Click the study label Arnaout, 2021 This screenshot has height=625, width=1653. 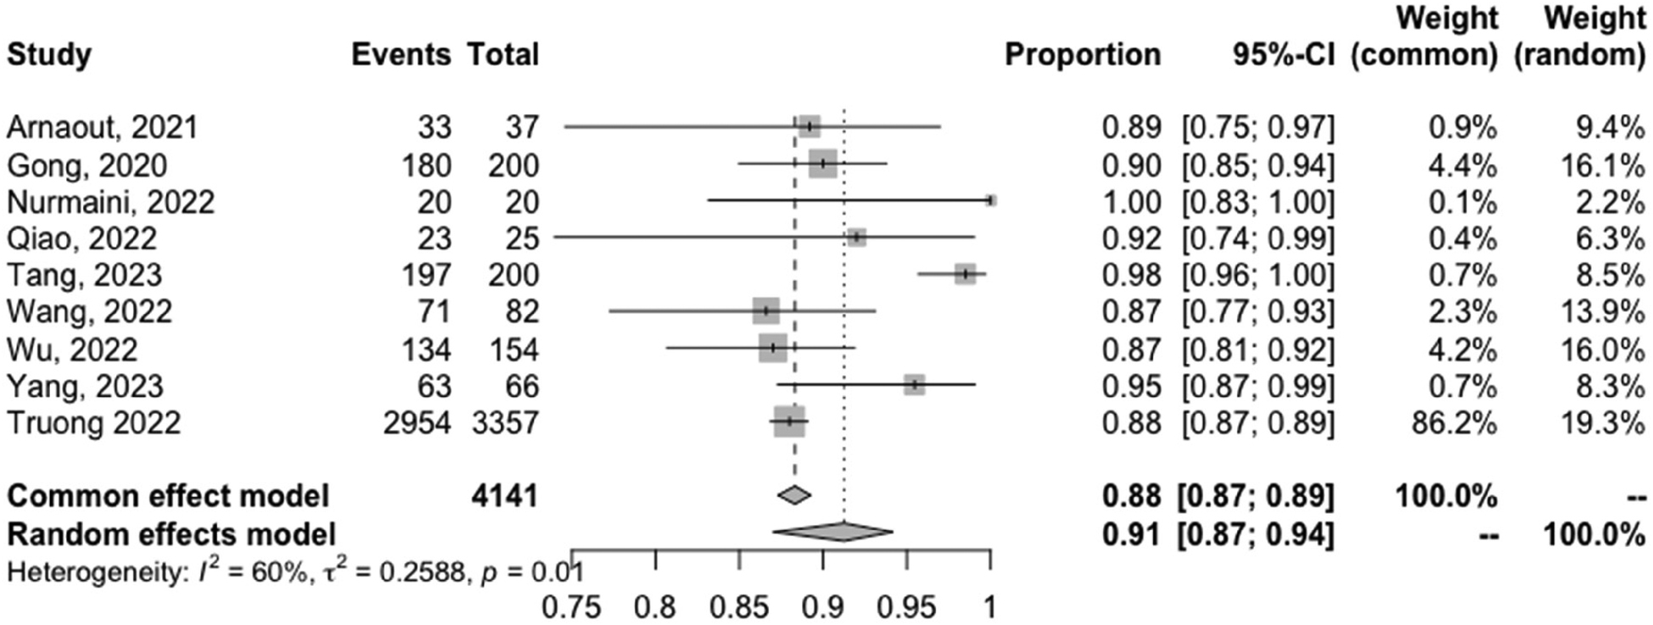(x=102, y=128)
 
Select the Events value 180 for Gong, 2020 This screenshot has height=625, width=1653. (x=426, y=165)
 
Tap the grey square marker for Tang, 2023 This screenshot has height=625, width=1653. (x=965, y=274)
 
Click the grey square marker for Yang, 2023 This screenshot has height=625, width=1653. (x=914, y=385)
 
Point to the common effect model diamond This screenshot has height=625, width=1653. (x=794, y=495)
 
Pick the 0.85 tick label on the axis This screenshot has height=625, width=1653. (x=739, y=607)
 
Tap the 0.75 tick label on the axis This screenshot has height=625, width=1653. (x=571, y=607)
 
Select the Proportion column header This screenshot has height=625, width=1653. (x=1082, y=55)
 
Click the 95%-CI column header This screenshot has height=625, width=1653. (x=1283, y=55)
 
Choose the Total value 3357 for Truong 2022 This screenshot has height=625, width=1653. (x=505, y=422)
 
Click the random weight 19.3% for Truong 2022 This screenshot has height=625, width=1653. (x=1602, y=422)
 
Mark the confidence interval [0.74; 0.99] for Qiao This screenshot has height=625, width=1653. (x=1258, y=239)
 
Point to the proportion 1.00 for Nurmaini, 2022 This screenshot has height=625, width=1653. (x=1131, y=203)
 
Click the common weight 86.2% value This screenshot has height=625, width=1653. (x=1454, y=422)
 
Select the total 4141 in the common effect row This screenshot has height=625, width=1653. (x=505, y=495)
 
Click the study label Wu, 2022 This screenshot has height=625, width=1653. (x=72, y=349)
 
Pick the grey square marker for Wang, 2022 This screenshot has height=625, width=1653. (x=765, y=311)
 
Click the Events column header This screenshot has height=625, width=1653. (x=401, y=55)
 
